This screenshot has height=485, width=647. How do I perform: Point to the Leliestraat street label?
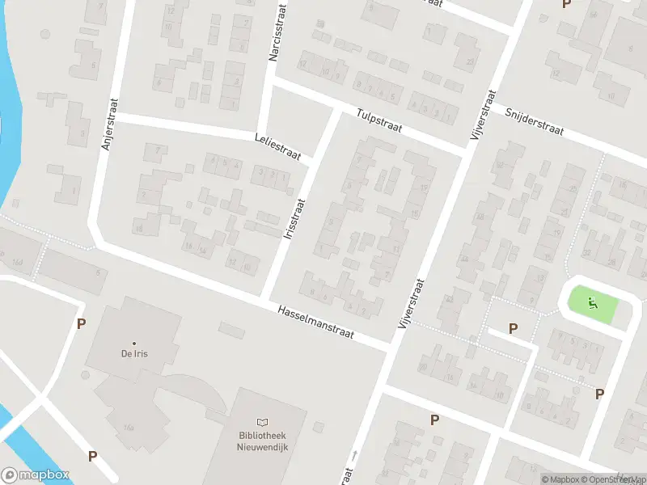(x=277, y=147)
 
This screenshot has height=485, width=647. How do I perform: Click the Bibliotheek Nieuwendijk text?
(x=262, y=440)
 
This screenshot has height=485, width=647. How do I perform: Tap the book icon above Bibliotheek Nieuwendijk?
(x=262, y=422)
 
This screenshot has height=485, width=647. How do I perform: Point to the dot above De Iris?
(x=134, y=344)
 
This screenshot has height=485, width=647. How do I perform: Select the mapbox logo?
(x=35, y=475)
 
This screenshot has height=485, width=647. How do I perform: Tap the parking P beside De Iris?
(x=80, y=324)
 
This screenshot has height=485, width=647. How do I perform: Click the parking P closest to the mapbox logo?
(x=92, y=457)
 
